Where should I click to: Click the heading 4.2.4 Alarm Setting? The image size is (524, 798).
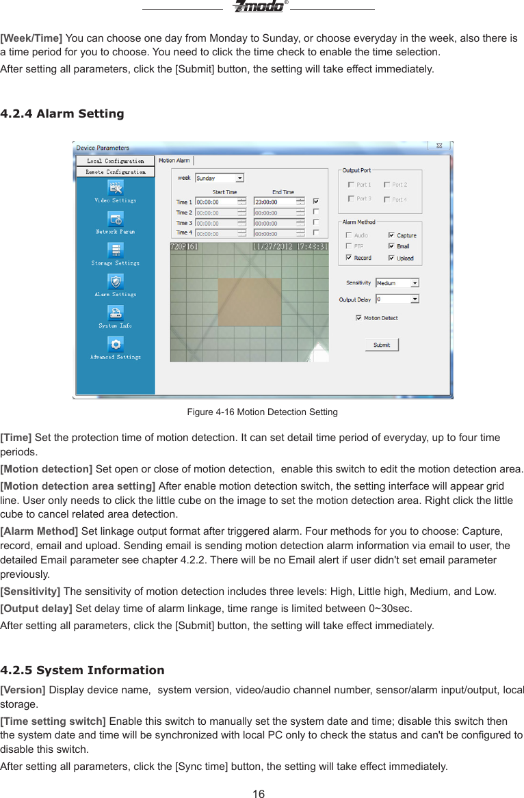tap(63, 114)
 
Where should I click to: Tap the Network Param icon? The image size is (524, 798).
tap(116, 219)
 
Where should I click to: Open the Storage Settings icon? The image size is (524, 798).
tap(116, 250)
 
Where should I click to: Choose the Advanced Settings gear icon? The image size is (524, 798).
tap(116, 345)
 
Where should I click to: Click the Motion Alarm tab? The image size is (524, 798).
tap(175, 161)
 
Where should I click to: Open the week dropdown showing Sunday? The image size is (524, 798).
tap(239, 178)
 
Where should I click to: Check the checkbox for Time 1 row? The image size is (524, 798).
tap(315, 202)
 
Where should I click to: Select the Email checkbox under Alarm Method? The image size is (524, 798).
tap(391, 246)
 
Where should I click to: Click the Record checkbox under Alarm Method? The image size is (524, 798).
tap(349, 258)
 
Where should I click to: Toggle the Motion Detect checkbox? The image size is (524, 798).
tap(358, 318)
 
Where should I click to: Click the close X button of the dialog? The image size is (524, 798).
tap(439, 146)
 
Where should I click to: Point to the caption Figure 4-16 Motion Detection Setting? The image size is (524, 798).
tap(262, 412)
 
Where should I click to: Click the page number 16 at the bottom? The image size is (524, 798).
tap(258, 793)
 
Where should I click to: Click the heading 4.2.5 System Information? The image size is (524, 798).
tap(83, 670)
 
